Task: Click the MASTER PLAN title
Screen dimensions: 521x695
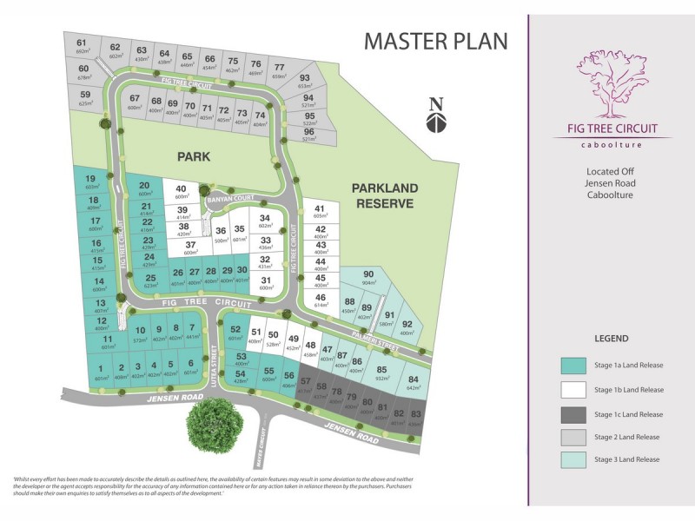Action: point(435,41)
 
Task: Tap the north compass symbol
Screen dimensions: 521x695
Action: point(436,115)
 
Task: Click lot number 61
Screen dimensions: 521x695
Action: point(83,46)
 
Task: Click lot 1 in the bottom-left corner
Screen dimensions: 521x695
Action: point(101,373)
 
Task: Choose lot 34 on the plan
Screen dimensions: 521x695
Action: point(265,222)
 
